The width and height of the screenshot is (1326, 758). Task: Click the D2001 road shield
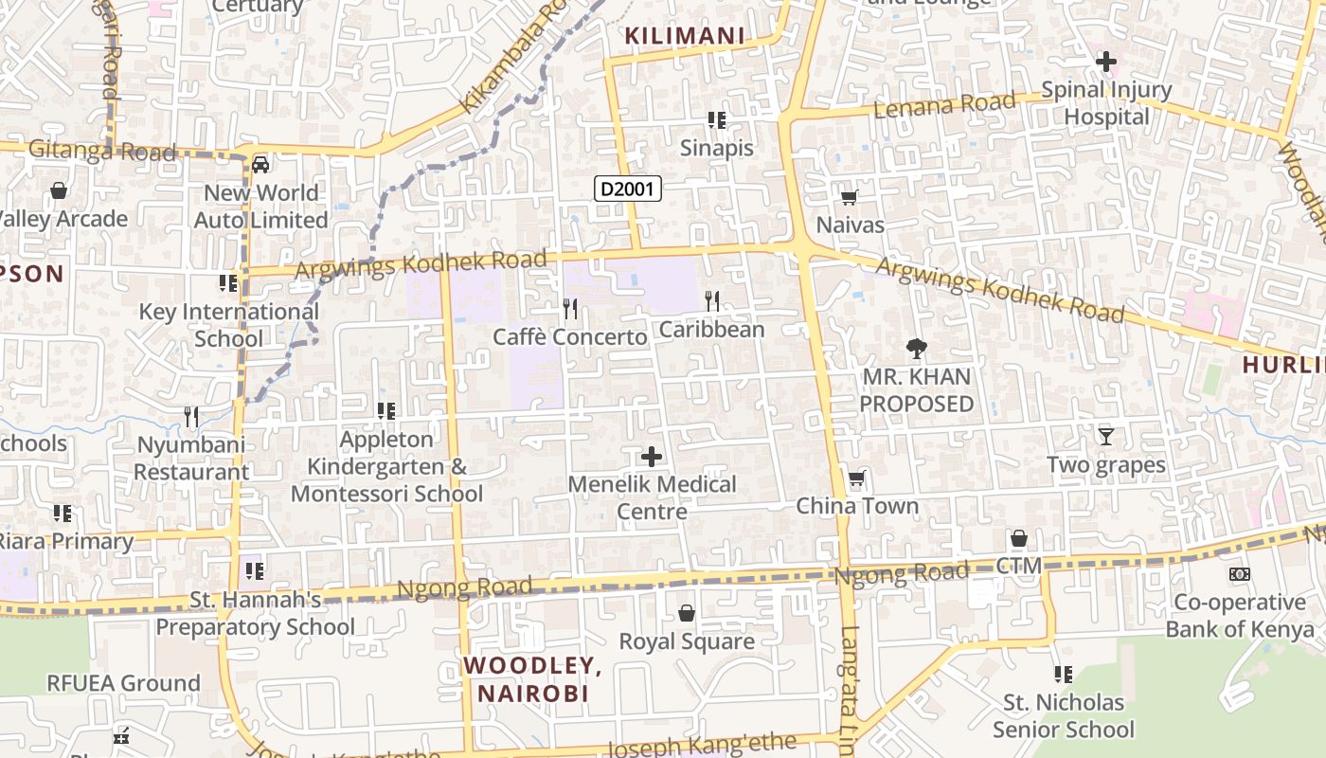point(628,189)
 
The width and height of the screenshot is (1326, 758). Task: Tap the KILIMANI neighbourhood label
point(684,36)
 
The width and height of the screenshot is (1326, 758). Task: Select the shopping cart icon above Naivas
point(850,197)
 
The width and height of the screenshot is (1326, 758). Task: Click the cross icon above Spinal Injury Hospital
point(1105,63)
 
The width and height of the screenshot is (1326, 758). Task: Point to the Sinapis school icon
point(717,120)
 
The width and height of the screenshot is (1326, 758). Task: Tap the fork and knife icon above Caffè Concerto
point(570,309)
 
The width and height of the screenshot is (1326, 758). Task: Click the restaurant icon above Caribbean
point(712,301)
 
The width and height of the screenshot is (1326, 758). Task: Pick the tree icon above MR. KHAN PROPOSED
point(916,349)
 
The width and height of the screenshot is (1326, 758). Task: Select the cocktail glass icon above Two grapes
point(1105,437)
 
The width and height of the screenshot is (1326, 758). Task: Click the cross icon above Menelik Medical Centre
point(652,457)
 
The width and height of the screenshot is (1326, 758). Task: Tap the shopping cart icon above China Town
point(857,478)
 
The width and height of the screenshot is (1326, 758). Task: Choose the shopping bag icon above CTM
point(1019,538)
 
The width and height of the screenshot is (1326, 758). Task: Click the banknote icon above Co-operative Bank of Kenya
point(1239,574)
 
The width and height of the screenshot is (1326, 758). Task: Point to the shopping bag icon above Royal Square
point(687,614)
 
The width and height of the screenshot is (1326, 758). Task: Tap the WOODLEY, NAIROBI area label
point(532,679)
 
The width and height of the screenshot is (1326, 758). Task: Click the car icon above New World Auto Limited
point(260,165)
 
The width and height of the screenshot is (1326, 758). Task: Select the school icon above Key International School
point(228,283)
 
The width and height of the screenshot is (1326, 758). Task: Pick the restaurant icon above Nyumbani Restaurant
point(191,416)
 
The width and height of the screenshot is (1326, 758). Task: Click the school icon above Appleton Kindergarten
point(385,411)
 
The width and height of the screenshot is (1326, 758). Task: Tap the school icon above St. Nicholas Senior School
point(1064,675)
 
